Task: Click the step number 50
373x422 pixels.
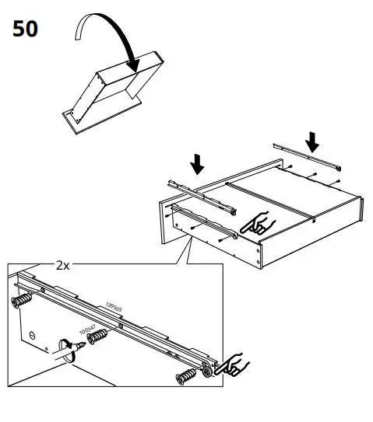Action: click(x=25, y=30)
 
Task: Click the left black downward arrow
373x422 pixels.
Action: click(x=198, y=162)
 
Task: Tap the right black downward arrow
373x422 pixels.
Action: click(x=312, y=141)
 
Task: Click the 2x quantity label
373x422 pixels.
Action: click(x=63, y=265)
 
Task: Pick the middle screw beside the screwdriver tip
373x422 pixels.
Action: click(x=98, y=338)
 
